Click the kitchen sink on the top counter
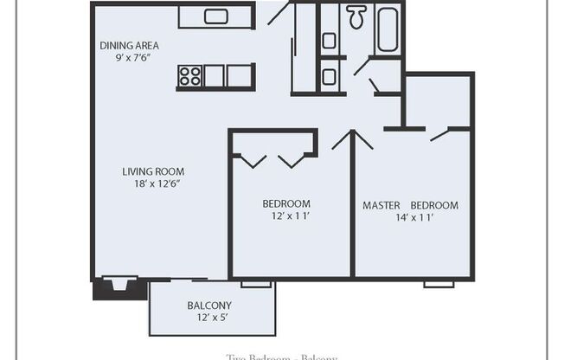click(215, 16)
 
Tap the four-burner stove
click(189, 76)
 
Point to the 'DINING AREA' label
click(129, 46)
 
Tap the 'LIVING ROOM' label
click(153, 171)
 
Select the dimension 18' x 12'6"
click(153, 183)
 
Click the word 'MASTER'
click(381, 205)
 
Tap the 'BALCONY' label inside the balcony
click(209, 305)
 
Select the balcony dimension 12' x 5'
click(209, 318)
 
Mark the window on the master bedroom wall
click(439, 283)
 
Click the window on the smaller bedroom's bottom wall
click(255, 283)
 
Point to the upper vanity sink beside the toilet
click(330, 40)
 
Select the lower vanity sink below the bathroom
click(330, 76)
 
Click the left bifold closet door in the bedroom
click(253, 160)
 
